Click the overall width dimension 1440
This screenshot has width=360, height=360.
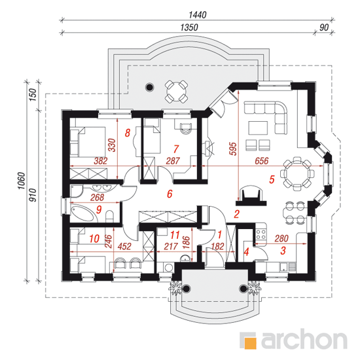pos(198,15)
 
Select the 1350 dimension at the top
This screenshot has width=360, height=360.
pos(189,27)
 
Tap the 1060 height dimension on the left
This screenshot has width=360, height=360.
pos(22,181)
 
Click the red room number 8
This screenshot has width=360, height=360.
pos(128,133)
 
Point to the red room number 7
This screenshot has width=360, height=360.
pos(176,149)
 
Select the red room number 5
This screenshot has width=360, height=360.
pos(272,179)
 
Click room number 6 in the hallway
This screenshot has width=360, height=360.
pos(170,194)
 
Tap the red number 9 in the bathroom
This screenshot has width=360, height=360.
pos(99,209)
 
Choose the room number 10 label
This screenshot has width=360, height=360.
pos(94,238)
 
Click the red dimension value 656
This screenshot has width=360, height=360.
pos(262,161)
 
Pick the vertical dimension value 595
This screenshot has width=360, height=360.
pos(233,149)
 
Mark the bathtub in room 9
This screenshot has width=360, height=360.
pos(82,213)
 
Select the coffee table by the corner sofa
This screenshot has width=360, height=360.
pos(258,128)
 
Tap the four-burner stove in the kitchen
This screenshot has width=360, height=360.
pos(261,234)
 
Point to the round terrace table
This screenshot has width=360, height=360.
pos(177,92)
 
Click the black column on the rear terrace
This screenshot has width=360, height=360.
pos(150,87)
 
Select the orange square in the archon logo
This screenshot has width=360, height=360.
pos(250,343)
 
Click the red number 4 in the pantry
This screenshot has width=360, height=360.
pos(246,252)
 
